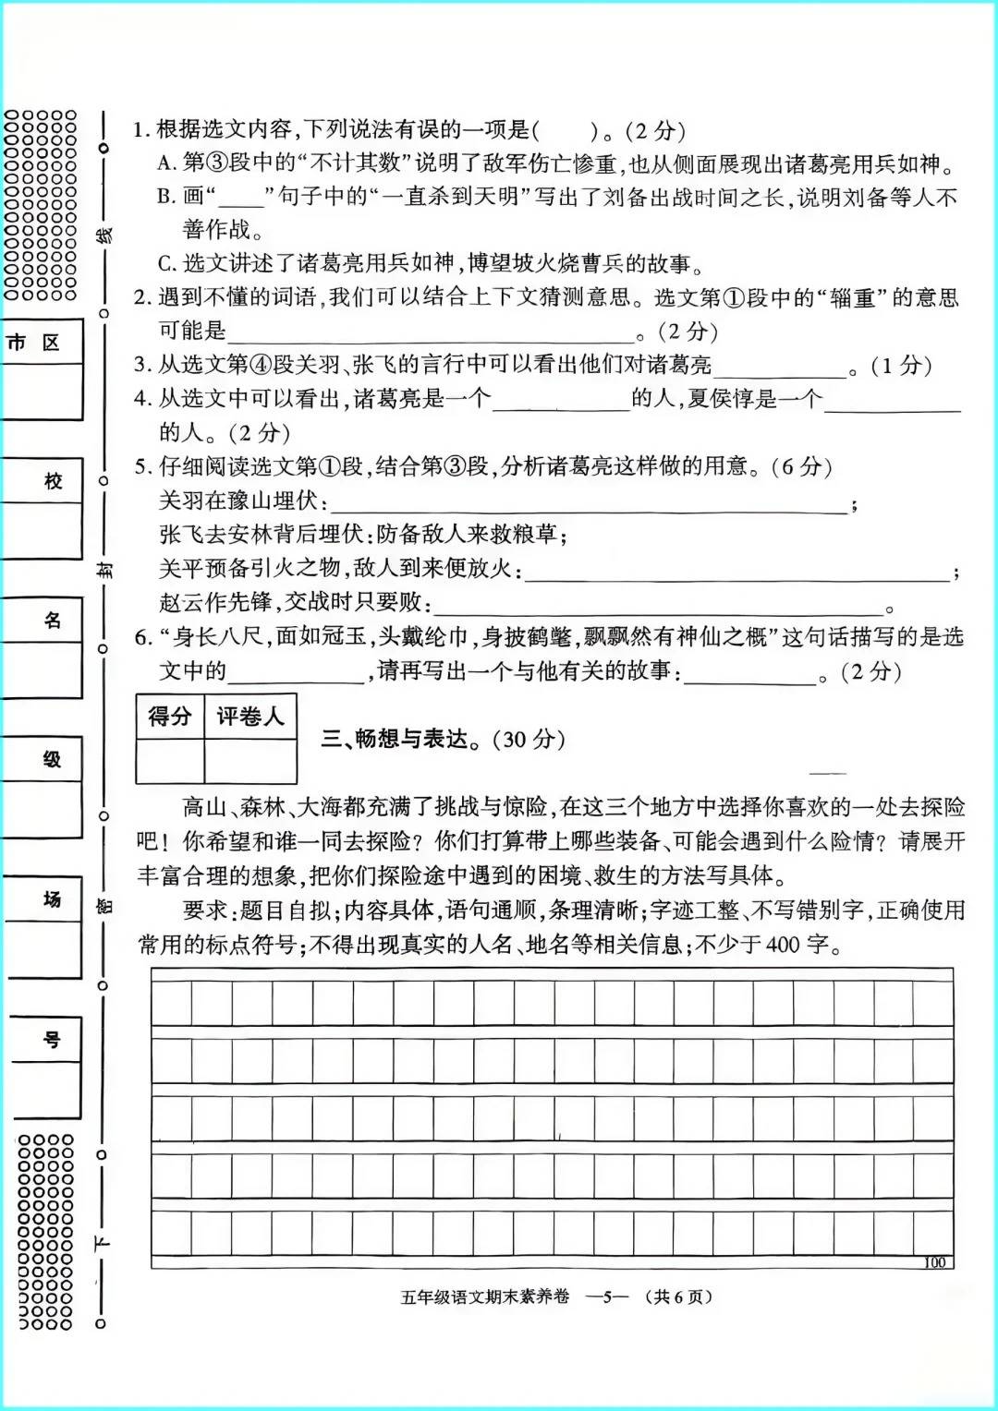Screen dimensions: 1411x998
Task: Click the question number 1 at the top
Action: click(140, 130)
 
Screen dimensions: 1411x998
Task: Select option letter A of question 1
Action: click(166, 163)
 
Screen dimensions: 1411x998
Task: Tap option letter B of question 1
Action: click(166, 197)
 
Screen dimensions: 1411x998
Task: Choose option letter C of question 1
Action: click(166, 264)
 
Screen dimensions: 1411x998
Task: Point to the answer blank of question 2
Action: click(431, 332)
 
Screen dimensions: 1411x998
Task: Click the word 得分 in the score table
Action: click(170, 717)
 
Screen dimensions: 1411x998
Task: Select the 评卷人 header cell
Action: click(249, 717)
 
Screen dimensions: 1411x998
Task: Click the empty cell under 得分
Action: click(170, 761)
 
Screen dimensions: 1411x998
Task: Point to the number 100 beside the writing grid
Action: click(934, 1262)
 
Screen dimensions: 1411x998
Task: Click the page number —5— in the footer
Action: click(608, 1296)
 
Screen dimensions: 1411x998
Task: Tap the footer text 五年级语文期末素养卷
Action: click(484, 1296)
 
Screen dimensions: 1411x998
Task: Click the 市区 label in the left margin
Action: click(33, 343)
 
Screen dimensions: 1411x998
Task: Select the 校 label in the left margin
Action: click(53, 481)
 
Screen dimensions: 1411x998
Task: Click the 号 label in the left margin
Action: click(52, 1040)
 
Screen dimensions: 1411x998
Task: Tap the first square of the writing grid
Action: click(172, 1004)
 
